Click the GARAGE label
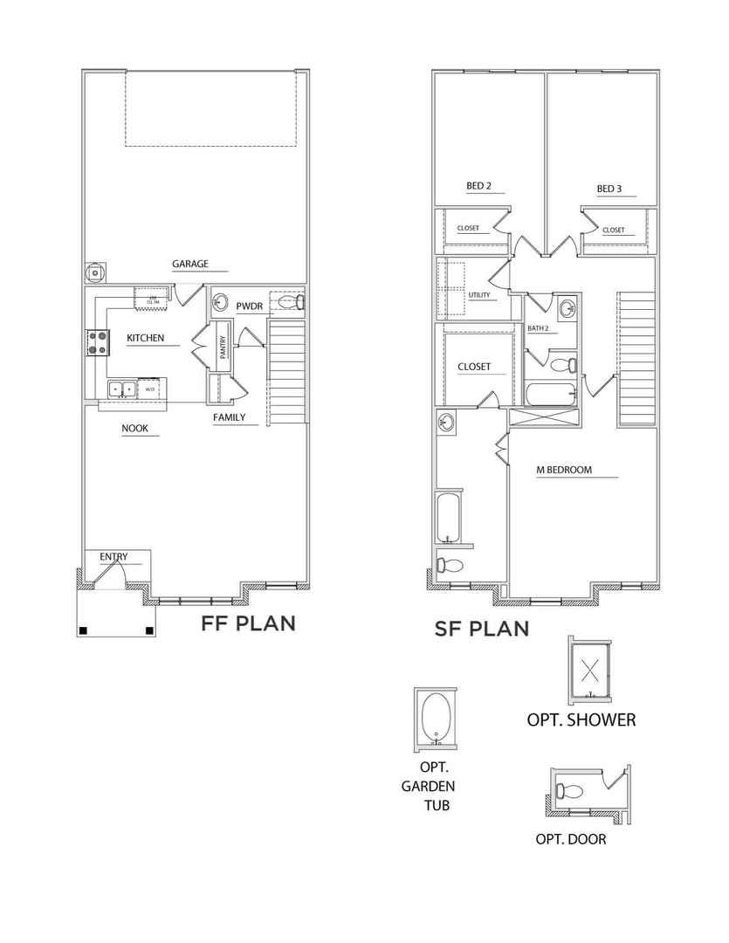coord(189,264)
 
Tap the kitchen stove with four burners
coord(96,342)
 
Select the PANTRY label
coord(222,348)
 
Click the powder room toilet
coord(297,303)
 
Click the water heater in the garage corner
coord(93,273)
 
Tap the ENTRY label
coord(113,556)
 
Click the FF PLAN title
coord(248,623)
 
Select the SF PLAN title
coord(481,628)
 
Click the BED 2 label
coord(479,186)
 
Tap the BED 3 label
coord(609,189)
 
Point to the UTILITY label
coord(479,295)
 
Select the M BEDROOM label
coord(564,470)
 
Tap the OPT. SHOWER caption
coord(581,720)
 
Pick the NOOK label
coord(134,429)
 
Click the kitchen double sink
coord(121,388)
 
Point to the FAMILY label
coord(230,417)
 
